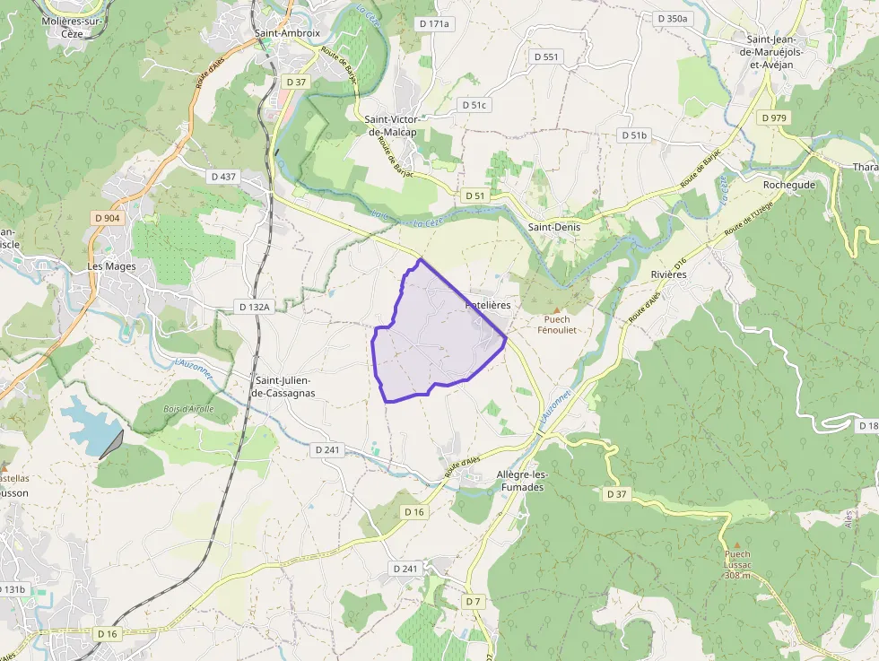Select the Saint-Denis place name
(x=553, y=227)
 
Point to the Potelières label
(x=488, y=305)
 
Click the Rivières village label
(x=668, y=274)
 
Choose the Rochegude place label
(x=788, y=185)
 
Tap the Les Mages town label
(x=112, y=266)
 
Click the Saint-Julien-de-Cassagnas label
(x=283, y=387)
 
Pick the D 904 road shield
(x=107, y=218)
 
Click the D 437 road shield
(x=222, y=177)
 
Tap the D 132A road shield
(x=254, y=307)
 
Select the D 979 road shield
(x=774, y=117)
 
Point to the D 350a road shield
(x=672, y=18)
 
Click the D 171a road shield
(x=432, y=24)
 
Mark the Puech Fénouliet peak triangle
(x=555, y=309)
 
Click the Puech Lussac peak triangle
(x=735, y=544)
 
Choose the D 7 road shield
(x=474, y=600)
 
